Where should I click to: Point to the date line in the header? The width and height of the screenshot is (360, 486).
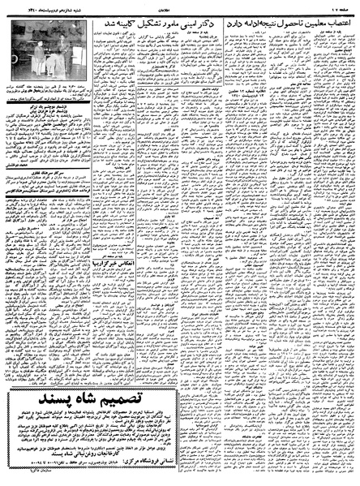click(x=36, y=6)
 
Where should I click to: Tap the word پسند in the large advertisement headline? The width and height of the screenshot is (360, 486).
click(x=45, y=399)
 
